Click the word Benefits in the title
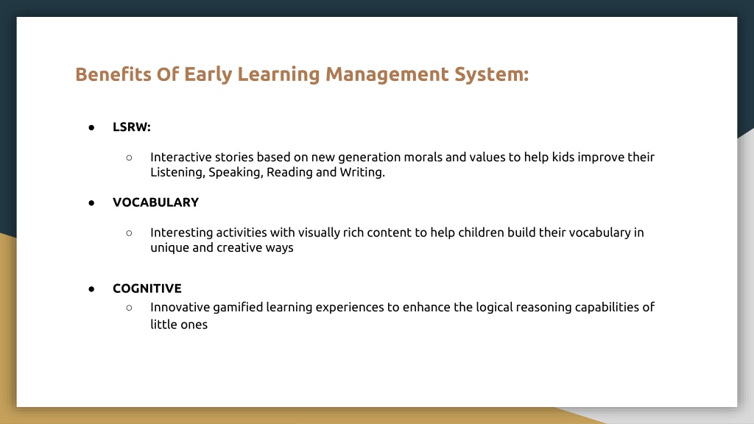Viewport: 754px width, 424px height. [x=113, y=74]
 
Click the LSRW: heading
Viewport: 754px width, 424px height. [x=132, y=127]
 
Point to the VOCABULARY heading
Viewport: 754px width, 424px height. [x=156, y=202]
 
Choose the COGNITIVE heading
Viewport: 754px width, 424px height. [x=147, y=289]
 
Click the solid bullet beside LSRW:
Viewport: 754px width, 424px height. [x=91, y=127]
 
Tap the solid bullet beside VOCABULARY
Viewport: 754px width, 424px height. [x=91, y=203]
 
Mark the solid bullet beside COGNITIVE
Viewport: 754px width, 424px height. [x=91, y=289]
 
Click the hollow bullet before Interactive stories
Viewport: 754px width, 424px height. [x=129, y=158]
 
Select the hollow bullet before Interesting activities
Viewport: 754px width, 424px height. [x=129, y=233]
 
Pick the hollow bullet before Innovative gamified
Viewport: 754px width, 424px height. [x=129, y=308]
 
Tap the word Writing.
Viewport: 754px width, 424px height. [x=362, y=172]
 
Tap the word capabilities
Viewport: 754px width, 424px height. [x=607, y=307]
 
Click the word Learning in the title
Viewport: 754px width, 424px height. [x=279, y=74]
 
